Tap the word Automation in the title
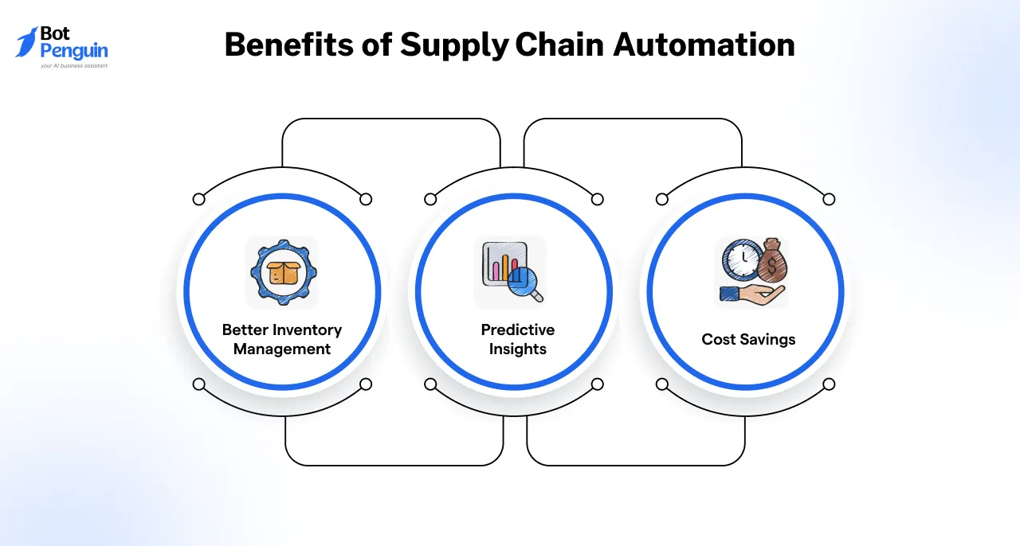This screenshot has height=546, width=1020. pos(704,45)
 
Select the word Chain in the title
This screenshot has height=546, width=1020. pos(560,45)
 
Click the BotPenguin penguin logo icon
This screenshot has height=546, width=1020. pos(27,42)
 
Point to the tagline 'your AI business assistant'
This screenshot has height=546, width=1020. pos(73,66)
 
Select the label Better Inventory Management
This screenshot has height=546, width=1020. pos(282,339)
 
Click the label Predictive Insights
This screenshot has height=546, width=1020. pos(518,339)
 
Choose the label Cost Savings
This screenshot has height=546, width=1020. pos(748,339)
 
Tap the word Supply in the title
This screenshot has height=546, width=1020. pos(453,46)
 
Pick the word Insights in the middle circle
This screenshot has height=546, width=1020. pos(518,349)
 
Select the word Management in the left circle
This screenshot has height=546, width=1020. pos(282,349)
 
